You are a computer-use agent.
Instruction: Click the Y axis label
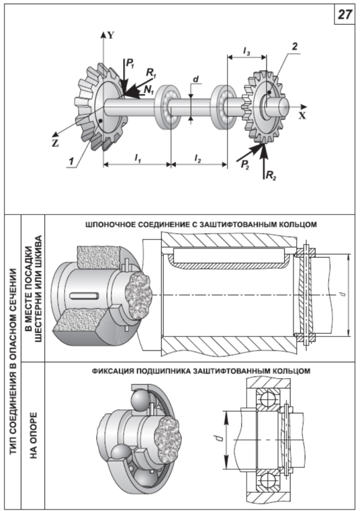pyautogui.click(x=110, y=35)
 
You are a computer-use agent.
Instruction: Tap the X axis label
pyautogui.click(x=302, y=115)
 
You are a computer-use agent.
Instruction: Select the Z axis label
pyautogui.click(x=55, y=144)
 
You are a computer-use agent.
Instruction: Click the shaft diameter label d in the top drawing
pyautogui.click(x=196, y=80)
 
